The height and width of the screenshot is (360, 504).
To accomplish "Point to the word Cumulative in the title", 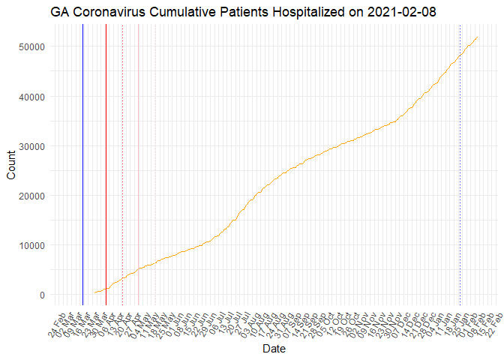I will click(x=186, y=12).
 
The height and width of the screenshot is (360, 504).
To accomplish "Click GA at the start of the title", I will click(x=61, y=12).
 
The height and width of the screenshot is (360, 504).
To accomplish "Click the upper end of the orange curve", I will click(x=477, y=37).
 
